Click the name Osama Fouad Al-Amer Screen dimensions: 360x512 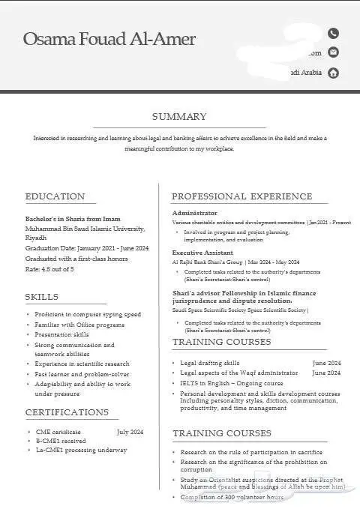pyautogui.click(x=109, y=39)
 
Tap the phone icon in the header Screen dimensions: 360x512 pyautogui.click(x=334, y=33)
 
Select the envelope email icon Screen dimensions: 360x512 pyautogui.click(x=334, y=52)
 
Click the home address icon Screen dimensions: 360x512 pyautogui.click(x=334, y=73)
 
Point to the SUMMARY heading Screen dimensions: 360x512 pyautogui.click(x=179, y=116)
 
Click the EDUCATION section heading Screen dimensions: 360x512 pyautogui.click(x=55, y=196)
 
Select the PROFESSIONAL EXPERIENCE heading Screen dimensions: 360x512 pyautogui.click(x=241, y=196)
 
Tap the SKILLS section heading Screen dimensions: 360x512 pyautogui.click(x=42, y=297)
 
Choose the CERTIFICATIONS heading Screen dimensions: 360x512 pyautogui.click(x=67, y=412)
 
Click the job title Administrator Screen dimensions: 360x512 pyautogui.click(x=195, y=214)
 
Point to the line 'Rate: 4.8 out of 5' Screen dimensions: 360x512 pyautogui.click(x=49, y=268)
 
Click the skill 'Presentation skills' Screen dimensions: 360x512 pyautogui.click(x=61, y=334)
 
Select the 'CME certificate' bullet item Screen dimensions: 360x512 pyautogui.click(x=58, y=432)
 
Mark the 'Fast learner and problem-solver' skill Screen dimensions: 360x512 pyautogui.click(x=82, y=373)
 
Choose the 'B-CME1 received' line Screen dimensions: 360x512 pyautogui.click(x=62, y=441)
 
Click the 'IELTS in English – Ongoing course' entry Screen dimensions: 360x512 pyautogui.click(x=232, y=382)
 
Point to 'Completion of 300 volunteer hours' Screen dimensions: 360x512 pyautogui.click(x=232, y=498)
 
